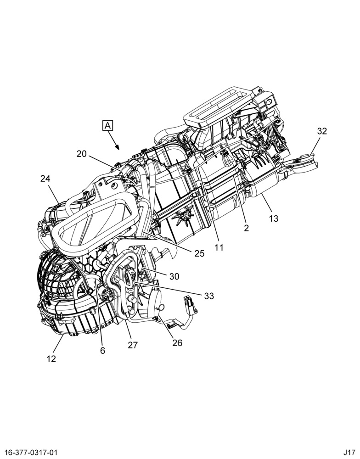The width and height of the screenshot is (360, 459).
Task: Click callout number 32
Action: [x=322, y=131]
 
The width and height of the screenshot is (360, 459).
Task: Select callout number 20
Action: [x=82, y=154]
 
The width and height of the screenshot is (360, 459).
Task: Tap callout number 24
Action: [x=45, y=179]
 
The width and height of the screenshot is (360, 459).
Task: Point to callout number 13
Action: [x=274, y=218]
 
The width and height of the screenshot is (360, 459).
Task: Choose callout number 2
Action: [x=246, y=228]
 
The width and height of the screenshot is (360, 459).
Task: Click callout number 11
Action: [x=219, y=248]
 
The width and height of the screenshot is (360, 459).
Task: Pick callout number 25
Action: [x=199, y=253]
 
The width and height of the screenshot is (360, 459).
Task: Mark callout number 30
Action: [x=174, y=276]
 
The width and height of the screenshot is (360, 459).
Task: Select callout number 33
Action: [x=209, y=296]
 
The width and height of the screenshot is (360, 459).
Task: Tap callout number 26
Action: [x=177, y=343]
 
